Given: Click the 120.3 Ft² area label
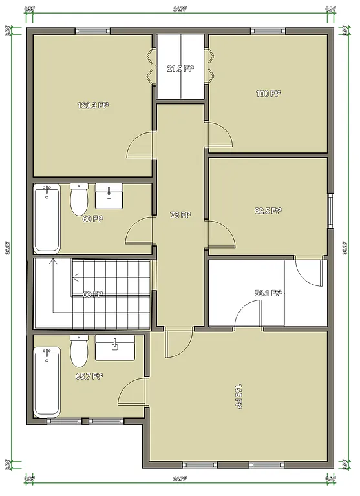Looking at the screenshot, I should click(x=92, y=105).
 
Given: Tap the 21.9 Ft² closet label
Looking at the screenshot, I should click(x=180, y=68).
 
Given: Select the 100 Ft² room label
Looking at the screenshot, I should click(x=268, y=94).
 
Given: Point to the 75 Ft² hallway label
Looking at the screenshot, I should click(x=180, y=215).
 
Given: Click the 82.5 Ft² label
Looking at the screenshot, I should click(x=268, y=210).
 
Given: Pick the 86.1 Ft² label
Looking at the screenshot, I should click(x=268, y=293).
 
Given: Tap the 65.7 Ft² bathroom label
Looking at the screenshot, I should click(x=90, y=376).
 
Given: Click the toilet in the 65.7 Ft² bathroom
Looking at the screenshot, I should click(x=79, y=352).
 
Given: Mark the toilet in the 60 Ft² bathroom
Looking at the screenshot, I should click(x=79, y=201).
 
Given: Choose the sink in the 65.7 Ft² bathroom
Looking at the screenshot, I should click(x=115, y=347).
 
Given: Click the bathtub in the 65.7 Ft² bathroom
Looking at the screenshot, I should click(x=47, y=382).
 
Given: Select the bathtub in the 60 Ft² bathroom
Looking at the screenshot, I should click(x=47, y=220).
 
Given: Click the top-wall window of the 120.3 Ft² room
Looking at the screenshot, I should click(x=92, y=31).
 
